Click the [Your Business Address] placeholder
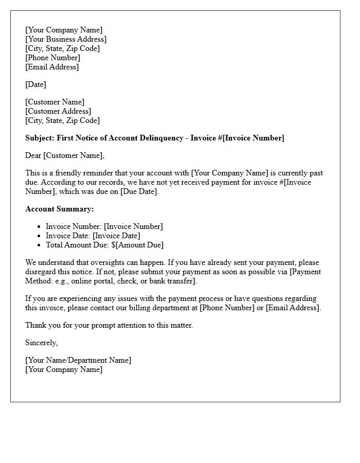[x=66, y=39]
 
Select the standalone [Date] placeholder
[x=35, y=84]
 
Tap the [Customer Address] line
[x=58, y=111]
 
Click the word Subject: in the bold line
[x=40, y=138]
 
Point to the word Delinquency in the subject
[x=166, y=138]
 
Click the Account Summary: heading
[x=60, y=209]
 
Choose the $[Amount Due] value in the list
[x=137, y=245]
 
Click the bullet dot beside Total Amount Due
[x=40, y=245]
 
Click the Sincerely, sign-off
[x=41, y=343]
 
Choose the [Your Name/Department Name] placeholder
[x=78, y=360]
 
